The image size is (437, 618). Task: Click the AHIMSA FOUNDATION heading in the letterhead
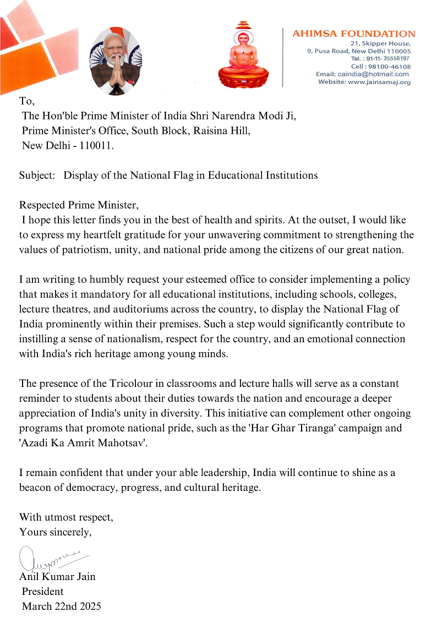click(353, 34)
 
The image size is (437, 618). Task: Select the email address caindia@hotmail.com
click(380, 74)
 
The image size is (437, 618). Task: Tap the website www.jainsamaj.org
click(379, 82)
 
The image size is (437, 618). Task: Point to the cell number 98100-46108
click(392, 67)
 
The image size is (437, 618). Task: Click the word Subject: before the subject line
click(37, 176)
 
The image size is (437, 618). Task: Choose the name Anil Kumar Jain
click(57, 577)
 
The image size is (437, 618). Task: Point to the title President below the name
click(42, 592)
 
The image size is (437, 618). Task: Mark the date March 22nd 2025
click(61, 606)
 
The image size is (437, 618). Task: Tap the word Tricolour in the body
click(116, 383)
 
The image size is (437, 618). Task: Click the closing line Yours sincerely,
click(56, 532)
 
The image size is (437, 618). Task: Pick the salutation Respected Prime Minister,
click(79, 205)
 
